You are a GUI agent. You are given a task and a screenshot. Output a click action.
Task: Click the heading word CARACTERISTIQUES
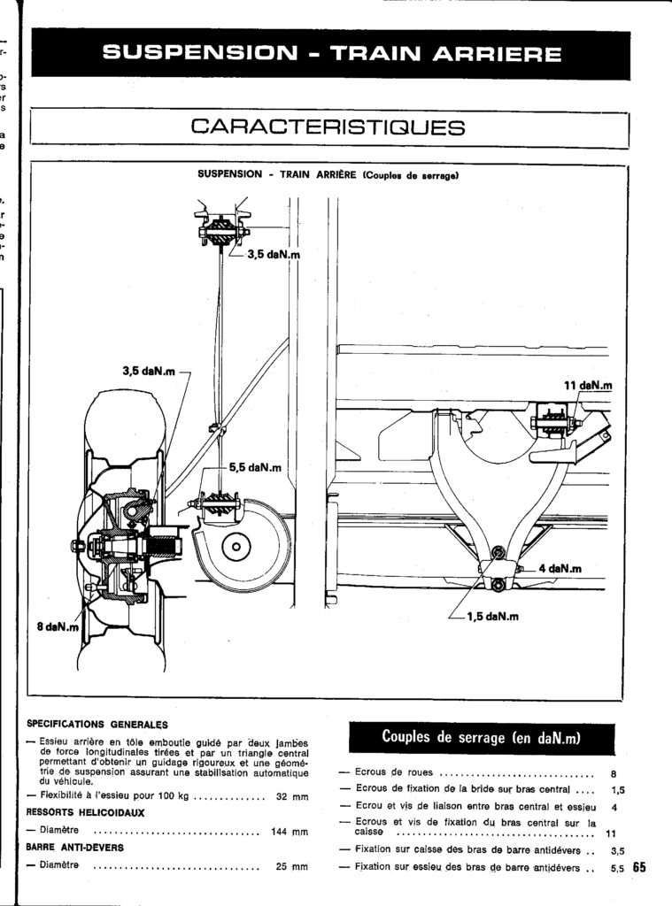[x=328, y=127]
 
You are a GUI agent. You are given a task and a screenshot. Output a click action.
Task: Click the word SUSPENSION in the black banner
[x=199, y=54]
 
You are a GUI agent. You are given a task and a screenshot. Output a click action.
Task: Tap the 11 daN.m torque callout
[x=588, y=386]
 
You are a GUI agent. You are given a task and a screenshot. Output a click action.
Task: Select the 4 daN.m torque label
[x=560, y=569]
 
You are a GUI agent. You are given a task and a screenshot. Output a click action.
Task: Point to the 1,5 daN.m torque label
[x=493, y=617]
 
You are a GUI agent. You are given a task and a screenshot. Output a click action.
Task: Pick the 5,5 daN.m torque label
[x=255, y=467]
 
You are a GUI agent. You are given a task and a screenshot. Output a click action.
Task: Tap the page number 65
[x=639, y=867]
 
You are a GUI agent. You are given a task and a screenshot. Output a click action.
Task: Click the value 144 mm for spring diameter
[x=290, y=832]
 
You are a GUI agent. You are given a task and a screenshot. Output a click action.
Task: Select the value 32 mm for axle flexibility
[x=292, y=796]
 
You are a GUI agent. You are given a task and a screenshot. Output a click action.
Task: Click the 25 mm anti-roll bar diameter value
[x=292, y=867]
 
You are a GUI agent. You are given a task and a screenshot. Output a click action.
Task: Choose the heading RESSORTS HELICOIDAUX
[x=86, y=813]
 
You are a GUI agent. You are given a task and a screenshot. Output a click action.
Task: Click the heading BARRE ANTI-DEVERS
[x=75, y=848]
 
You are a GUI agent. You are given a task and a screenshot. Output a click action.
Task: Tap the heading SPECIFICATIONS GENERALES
[x=97, y=725]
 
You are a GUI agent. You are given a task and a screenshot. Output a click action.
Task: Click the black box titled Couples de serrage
[x=482, y=737]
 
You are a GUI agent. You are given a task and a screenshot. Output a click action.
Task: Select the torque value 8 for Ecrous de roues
[x=614, y=773]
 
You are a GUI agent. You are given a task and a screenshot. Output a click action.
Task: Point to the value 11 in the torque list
[x=611, y=833]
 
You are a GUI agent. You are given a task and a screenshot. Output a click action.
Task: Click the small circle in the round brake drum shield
[x=236, y=546]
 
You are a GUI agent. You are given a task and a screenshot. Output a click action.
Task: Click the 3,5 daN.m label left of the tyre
[x=149, y=372]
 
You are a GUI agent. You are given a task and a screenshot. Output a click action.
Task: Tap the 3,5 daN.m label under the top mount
[x=274, y=254]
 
